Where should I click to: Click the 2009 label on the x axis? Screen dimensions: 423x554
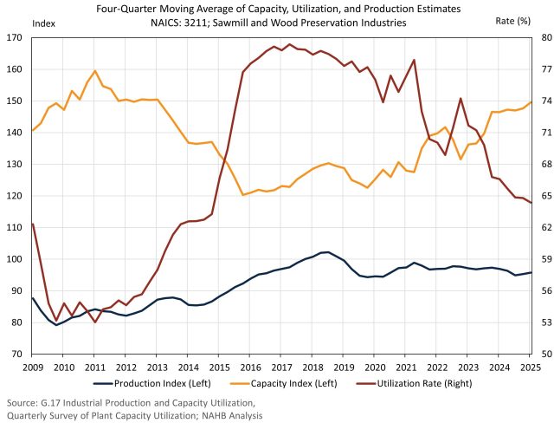[x=32, y=367]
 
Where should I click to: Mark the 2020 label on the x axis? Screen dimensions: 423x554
[x=374, y=367]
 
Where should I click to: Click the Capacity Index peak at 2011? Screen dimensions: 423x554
[x=94, y=71]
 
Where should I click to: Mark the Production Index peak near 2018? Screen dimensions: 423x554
[x=326, y=252]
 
